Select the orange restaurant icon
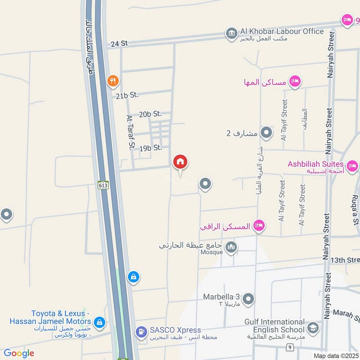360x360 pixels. pyautogui.click(x=113, y=81)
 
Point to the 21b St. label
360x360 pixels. pyautogui.click(x=127, y=95)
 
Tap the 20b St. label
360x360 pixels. pyautogui.click(x=150, y=114)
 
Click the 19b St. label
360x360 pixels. pyautogui.click(x=150, y=148)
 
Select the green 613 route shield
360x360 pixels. pyautogui.click(x=103, y=184)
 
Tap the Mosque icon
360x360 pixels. pyautogui.click(x=231, y=247)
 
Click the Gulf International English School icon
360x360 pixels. pyautogui.click(x=313, y=328)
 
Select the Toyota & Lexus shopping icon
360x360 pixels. pyautogui.click(x=99, y=322)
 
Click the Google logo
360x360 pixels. pyautogui.click(x=18, y=353)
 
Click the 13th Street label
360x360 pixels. pyautogui.click(x=345, y=260)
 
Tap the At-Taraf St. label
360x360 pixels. pyautogui.click(x=131, y=131)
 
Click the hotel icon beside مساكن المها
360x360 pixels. pyautogui.click(x=295, y=81)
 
